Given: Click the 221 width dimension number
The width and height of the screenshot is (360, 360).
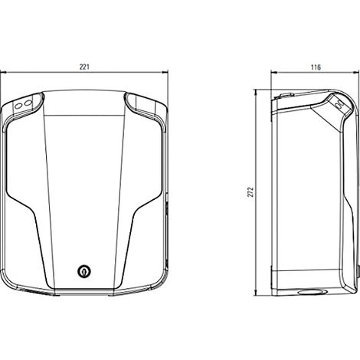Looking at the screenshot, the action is pos(84,67).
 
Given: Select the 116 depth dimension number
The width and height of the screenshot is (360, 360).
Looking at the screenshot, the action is pos(316,67).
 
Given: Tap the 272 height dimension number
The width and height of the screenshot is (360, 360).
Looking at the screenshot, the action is pos(251,192).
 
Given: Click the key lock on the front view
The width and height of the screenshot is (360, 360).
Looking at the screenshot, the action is pos(83,271).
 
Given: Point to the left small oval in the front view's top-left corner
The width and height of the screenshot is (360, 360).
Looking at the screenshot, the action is pos(18,106).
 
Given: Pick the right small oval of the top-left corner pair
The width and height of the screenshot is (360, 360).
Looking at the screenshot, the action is pos(28,103).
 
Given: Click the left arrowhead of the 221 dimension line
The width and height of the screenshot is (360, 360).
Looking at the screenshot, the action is pos(3,73).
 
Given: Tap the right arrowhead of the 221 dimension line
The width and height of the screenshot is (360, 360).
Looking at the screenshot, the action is pos(165,73).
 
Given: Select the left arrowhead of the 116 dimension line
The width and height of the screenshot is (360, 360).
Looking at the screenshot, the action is pos(274,73).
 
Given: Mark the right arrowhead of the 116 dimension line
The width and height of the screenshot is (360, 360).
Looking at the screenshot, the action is pos(356,73).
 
